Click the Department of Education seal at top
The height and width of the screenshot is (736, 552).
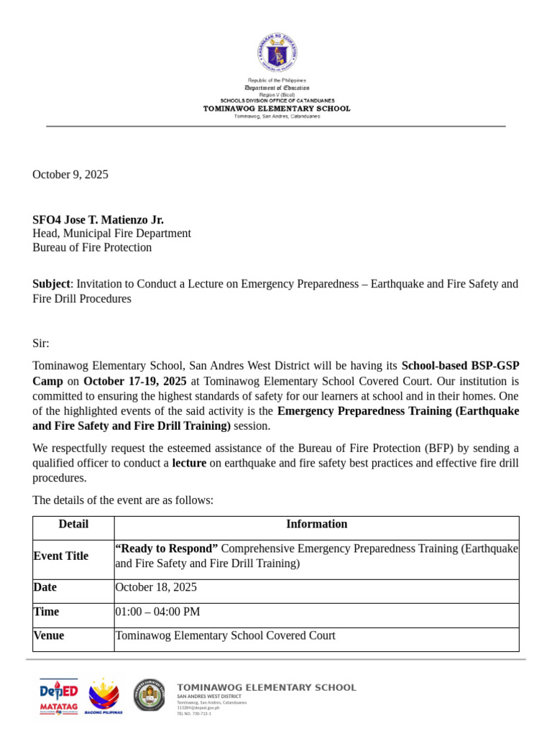277,52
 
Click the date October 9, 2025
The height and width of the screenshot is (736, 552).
70,174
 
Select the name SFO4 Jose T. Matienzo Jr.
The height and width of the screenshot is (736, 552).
98,219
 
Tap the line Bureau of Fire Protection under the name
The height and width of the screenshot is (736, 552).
92,247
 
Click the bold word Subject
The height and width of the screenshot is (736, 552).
51,284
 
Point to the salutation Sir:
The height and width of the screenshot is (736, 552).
41,343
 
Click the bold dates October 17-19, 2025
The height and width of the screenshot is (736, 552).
134,381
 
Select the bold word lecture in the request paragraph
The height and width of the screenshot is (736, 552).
189,463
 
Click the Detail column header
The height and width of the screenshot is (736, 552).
73,524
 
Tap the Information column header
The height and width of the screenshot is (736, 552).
316,524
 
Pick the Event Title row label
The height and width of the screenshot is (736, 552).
61,556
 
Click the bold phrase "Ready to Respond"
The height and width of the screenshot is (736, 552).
167,548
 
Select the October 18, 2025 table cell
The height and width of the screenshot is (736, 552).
156,587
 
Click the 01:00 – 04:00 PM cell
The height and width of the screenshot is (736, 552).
157,612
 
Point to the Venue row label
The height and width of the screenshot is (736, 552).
49,635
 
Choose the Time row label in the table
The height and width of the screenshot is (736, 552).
47,612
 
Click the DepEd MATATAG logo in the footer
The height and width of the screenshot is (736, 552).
58,696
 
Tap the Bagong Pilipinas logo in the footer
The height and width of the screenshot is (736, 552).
103,696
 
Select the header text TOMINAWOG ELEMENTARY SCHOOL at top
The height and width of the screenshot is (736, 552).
277,109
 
